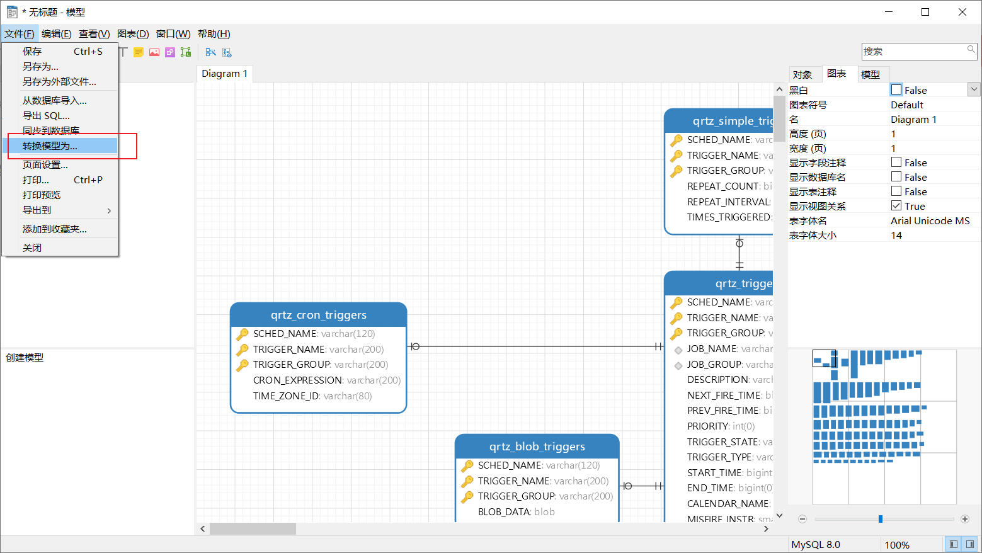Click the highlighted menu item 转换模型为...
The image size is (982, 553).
[50, 146]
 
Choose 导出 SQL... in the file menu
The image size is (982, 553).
[46, 116]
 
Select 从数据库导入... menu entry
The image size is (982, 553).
[54, 101]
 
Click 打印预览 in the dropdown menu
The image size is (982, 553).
[42, 195]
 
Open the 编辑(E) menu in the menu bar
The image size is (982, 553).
[56, 34]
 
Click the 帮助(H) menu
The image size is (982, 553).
[214, 34]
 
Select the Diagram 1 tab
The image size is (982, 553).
[224, 74]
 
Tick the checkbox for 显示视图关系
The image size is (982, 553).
[896, 206]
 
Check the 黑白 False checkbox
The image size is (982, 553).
[896, 90]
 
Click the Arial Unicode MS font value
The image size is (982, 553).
[930, 221]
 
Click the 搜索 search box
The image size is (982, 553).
[913, 52]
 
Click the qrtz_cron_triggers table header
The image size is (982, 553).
[318, 315]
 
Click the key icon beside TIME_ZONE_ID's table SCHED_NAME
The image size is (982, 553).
[243, 334]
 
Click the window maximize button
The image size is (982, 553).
[925, 12]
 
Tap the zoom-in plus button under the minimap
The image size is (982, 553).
[964, 519]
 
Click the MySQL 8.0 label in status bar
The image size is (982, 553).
[815, 545]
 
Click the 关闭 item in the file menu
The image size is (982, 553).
[32, 248]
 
